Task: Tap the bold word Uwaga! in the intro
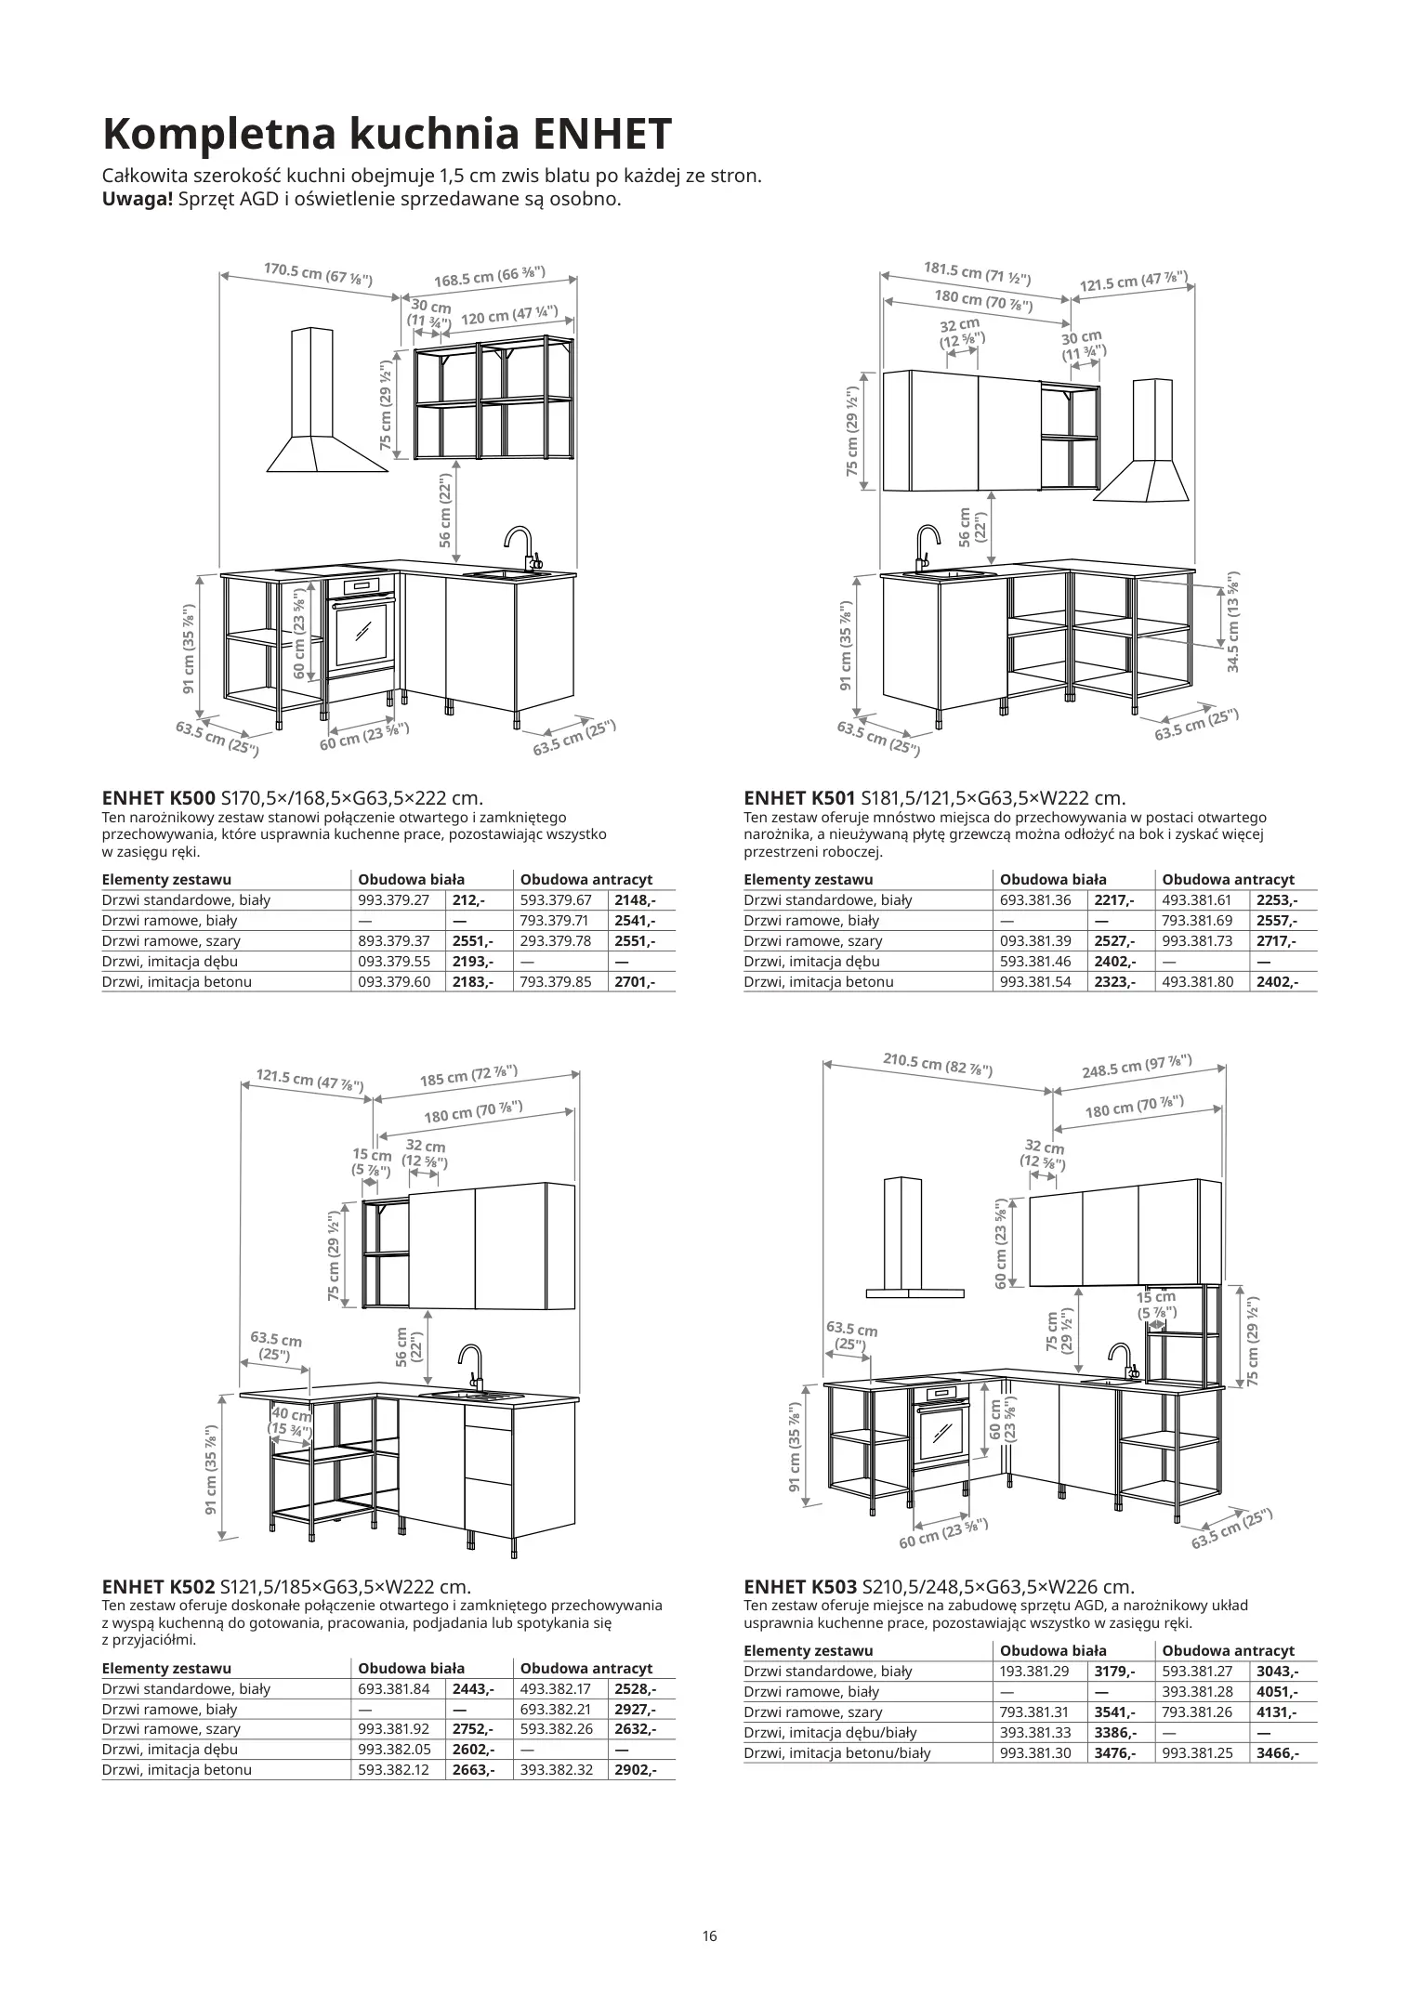coord(138,199)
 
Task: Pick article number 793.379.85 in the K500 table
coord(556,981)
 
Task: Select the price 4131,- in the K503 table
coord(1276,1712)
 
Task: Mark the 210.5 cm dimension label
coord(937,1064)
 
